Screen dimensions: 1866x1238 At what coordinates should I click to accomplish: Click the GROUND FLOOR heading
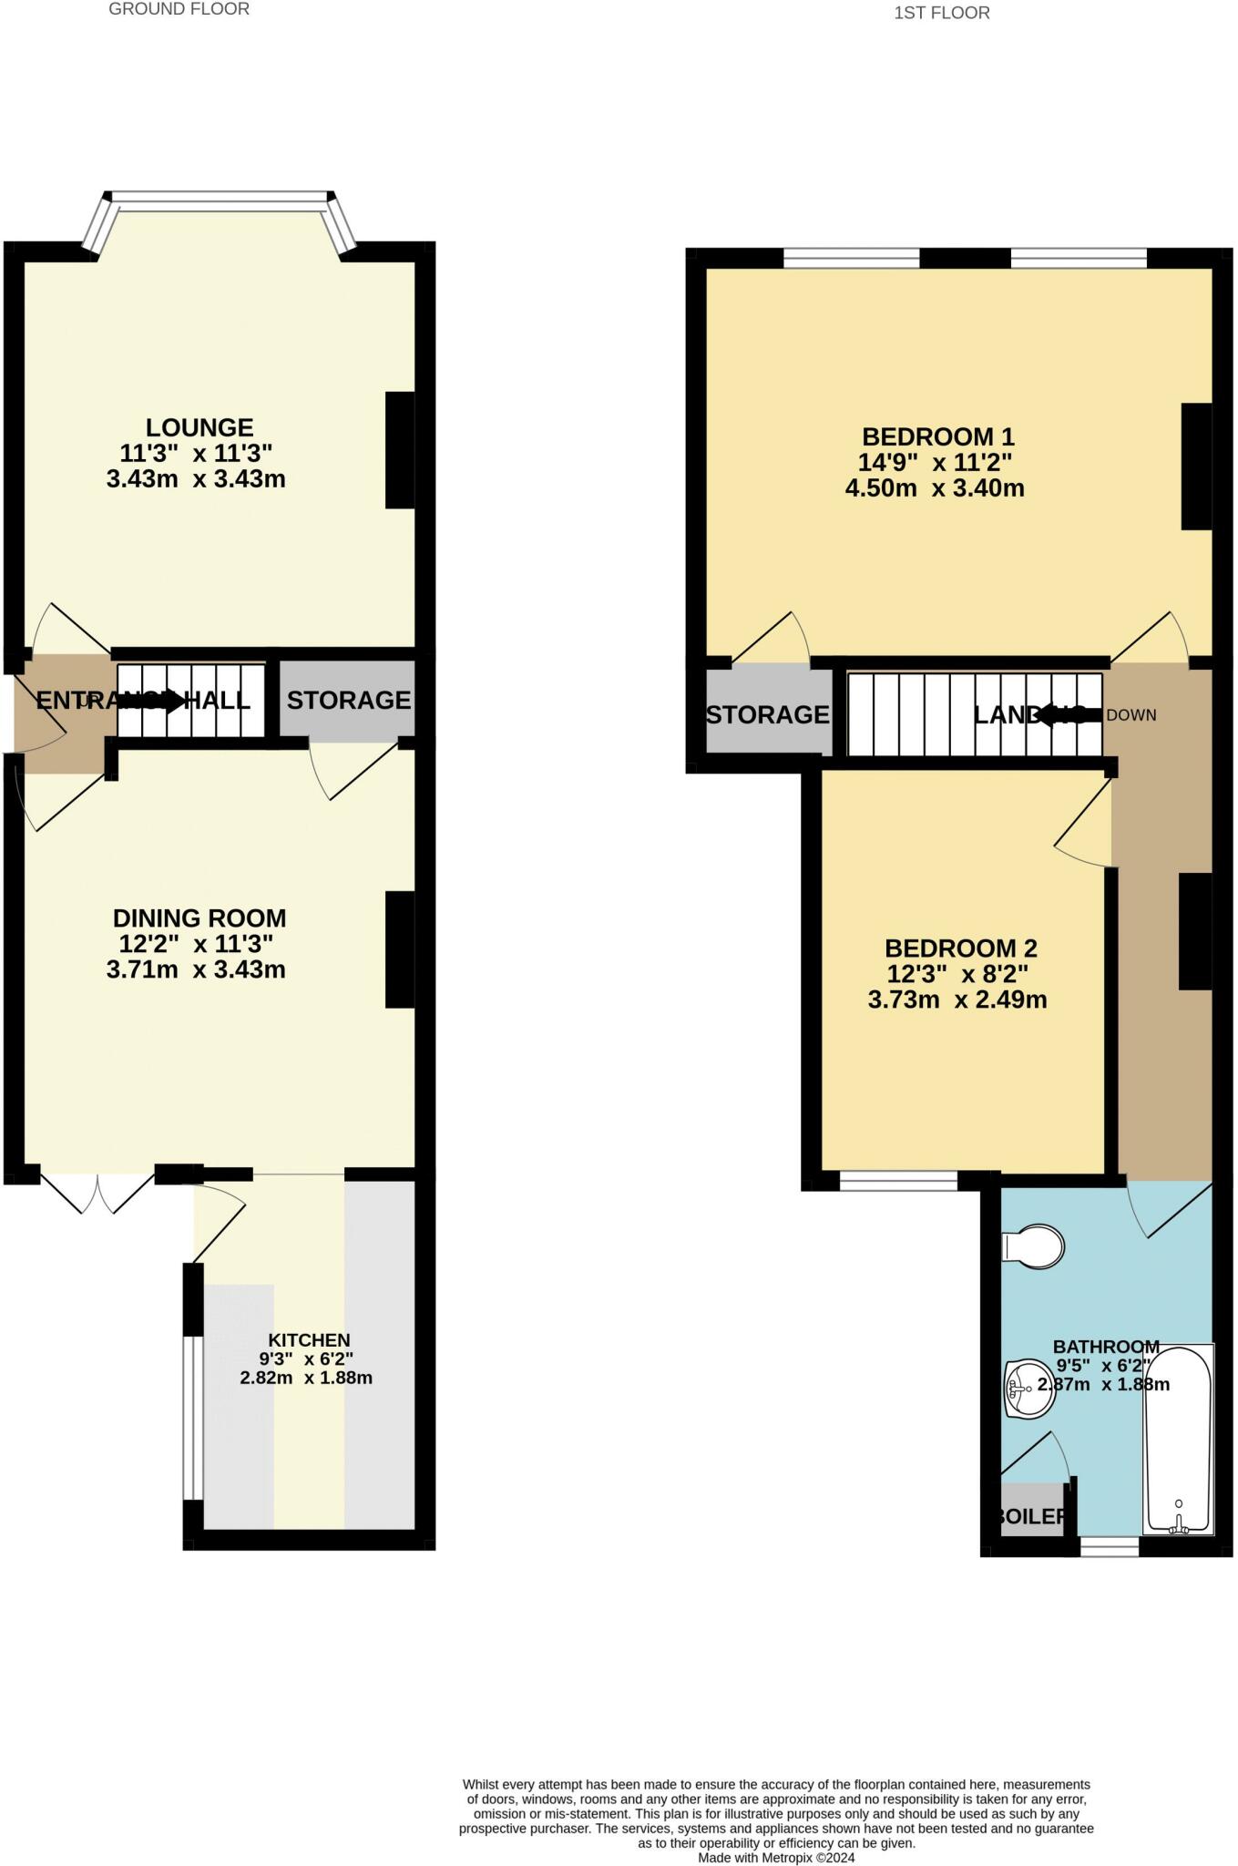tap(179, 9)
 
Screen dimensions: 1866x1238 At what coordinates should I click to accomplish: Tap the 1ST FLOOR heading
tap(942, 13)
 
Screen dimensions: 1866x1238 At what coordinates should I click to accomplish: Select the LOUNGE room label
tap(200, 427)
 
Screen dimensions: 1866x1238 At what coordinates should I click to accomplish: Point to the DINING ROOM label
tap(199, 918)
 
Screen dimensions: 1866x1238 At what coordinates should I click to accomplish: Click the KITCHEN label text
tap(309, 1340)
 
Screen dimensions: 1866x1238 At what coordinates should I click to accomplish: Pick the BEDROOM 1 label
tap(937, 436)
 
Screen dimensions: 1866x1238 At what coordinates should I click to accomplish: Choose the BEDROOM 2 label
tap(960, 948)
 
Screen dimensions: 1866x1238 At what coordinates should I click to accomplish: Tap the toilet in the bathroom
tap(1035, 1246)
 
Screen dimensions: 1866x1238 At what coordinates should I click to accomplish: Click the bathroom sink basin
tap(1028, 1389)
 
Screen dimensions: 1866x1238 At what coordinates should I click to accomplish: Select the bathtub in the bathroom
tap(1177, 1440)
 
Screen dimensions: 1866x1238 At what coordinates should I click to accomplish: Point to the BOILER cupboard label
tap(1030, 1516)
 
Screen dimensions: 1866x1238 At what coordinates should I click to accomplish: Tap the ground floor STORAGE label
tap(348, 700)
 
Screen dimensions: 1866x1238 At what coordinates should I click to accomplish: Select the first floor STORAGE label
tap(767, 714)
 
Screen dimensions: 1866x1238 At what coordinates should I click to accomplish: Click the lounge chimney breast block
tap(400, 450)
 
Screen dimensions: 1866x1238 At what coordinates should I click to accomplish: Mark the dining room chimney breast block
tap(400, 948)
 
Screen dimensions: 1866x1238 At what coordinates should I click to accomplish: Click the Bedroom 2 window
tap(898, 1182)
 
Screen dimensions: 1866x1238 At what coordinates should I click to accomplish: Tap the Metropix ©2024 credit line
tap(776, 1858)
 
